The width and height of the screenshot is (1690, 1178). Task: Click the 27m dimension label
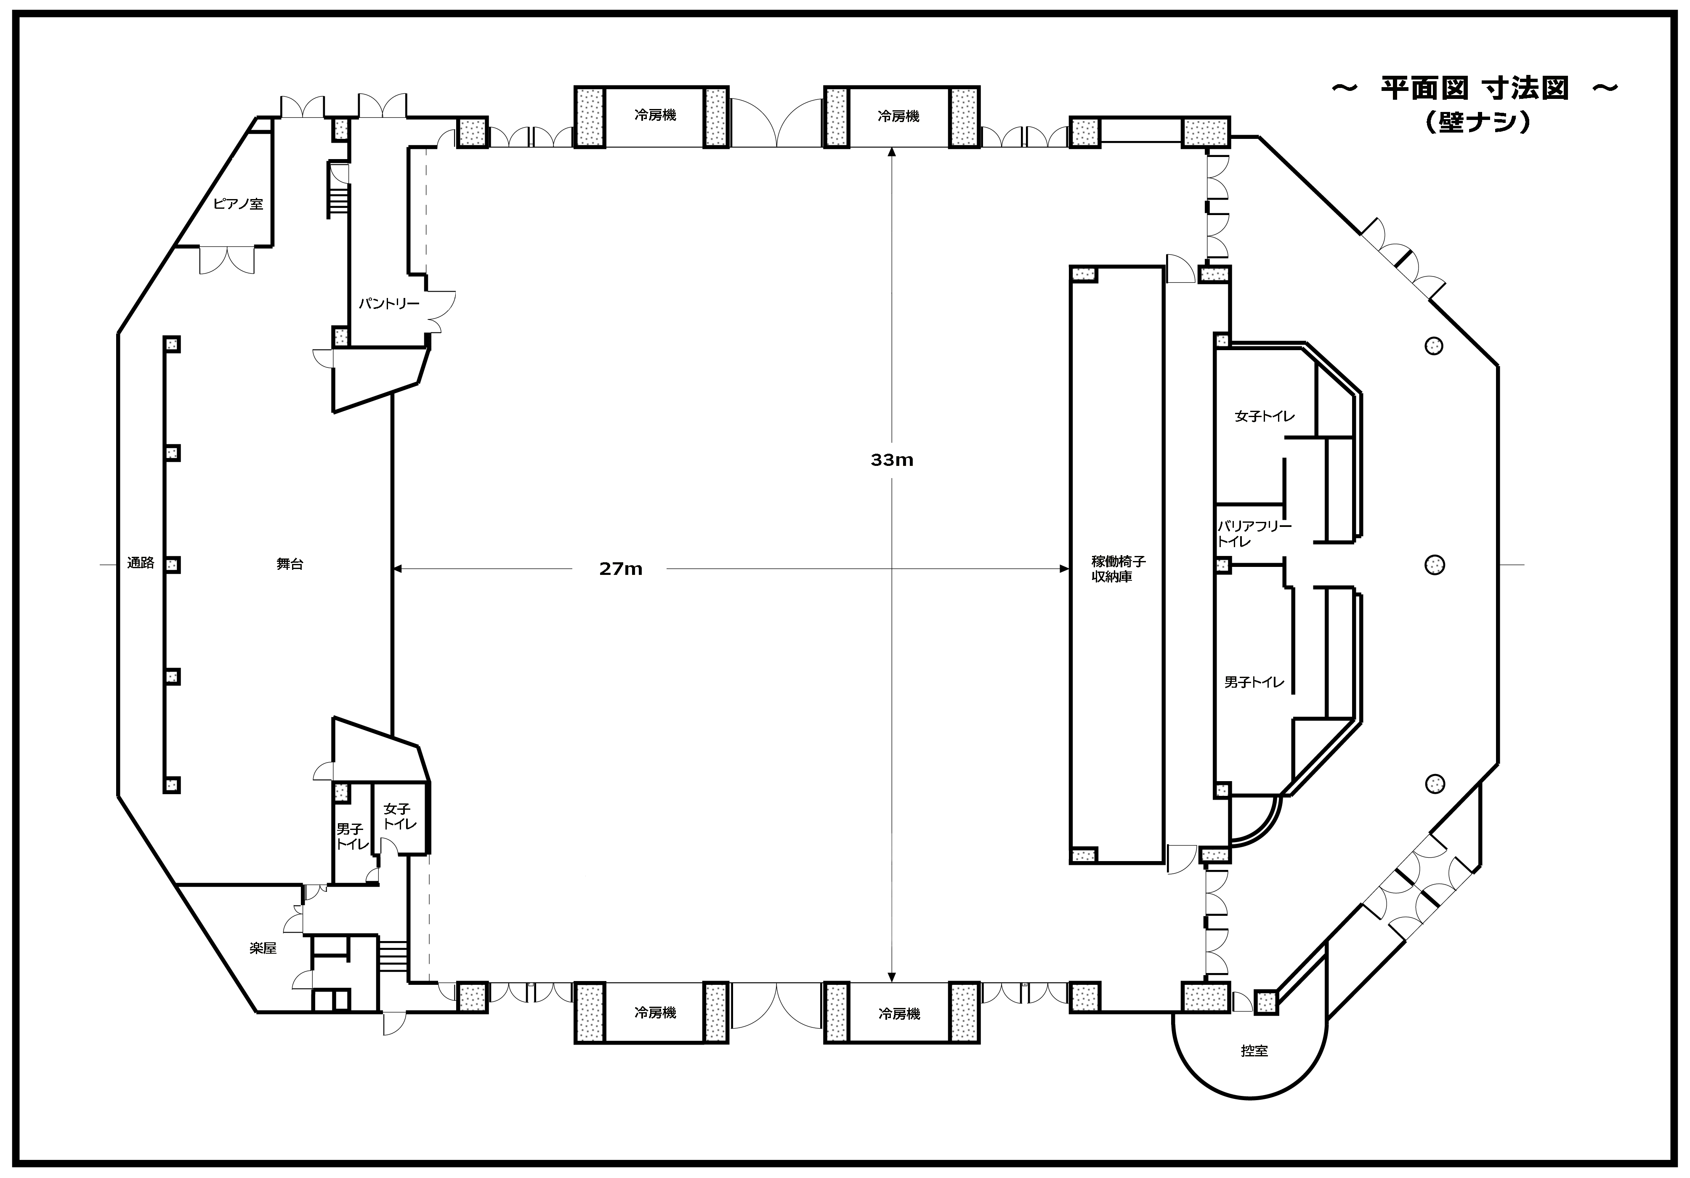pos(621,569)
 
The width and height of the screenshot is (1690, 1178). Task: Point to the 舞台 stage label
pos(290,564)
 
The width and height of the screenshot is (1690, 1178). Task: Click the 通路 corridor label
pos(141,563)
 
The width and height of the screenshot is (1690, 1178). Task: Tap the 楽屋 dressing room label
pos(263,948)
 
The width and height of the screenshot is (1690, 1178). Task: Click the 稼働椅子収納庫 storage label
pos(1118,569)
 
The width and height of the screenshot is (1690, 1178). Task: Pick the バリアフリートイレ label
pos(1254,534)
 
